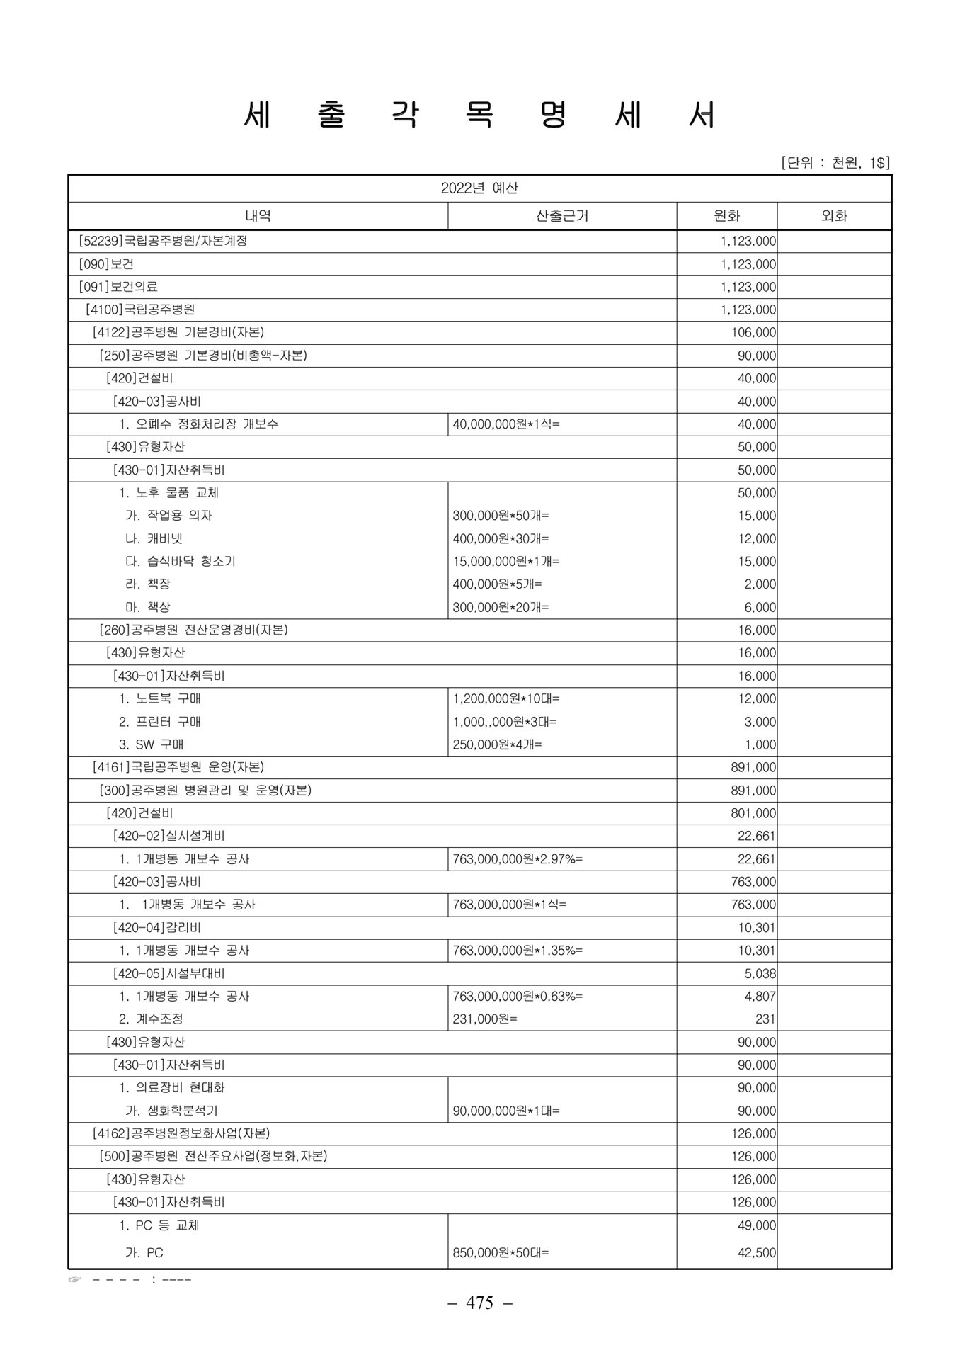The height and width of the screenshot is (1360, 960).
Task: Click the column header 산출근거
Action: coord(562,216)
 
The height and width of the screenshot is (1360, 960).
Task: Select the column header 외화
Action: coord(834,216)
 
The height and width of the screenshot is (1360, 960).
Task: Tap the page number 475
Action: coord(479,1303)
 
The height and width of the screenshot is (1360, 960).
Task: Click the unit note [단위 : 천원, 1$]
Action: coord(835,164)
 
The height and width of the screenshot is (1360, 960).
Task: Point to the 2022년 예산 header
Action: coord(479,188)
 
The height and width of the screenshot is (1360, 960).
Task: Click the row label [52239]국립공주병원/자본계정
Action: coord(163,241)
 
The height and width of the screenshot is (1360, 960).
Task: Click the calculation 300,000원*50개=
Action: coord(501,516)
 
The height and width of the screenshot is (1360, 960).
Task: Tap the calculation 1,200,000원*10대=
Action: coord(506,698)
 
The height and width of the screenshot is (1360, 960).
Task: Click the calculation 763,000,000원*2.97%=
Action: coord(518,859)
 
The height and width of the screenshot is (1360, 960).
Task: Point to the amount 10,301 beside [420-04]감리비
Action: coord(756,927)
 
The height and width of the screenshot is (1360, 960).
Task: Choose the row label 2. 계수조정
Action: coord(151,1019)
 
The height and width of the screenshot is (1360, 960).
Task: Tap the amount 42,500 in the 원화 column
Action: coord(756,1252)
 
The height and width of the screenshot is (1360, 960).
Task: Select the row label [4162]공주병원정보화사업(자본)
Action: coord(181,1133)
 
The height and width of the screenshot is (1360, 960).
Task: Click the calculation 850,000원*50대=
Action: coord(501,1252)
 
